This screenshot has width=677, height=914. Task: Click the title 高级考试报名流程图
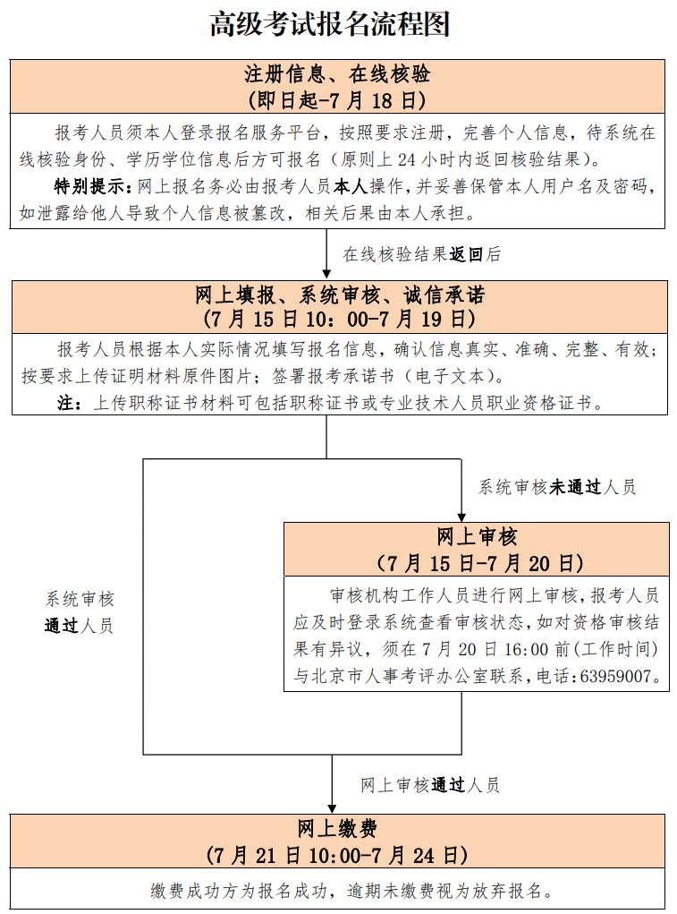[329, 25]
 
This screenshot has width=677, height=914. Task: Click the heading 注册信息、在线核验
[337, 74]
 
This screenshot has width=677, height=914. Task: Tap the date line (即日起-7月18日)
[337, 100]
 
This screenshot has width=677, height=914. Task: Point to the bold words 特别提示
[89, 186]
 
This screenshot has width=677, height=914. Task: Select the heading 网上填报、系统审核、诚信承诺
[339, 295]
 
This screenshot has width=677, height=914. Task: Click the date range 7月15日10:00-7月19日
[339, 319]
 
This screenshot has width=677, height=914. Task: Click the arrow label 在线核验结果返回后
[421, 254]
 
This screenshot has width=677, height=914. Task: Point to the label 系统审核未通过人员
[556, 487]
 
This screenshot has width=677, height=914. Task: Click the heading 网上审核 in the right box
[477, 537]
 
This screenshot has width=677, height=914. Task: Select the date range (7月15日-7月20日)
[479, 563]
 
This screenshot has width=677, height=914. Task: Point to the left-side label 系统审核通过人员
[80, 612]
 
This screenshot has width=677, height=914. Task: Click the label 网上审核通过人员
[429, 785]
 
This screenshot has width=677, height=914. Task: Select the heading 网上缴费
[337, 828]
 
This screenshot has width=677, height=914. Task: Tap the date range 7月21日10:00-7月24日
[337, 855]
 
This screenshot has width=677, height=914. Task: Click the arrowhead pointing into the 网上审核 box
[461, 517]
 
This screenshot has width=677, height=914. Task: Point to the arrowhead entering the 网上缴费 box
[332, 809]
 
